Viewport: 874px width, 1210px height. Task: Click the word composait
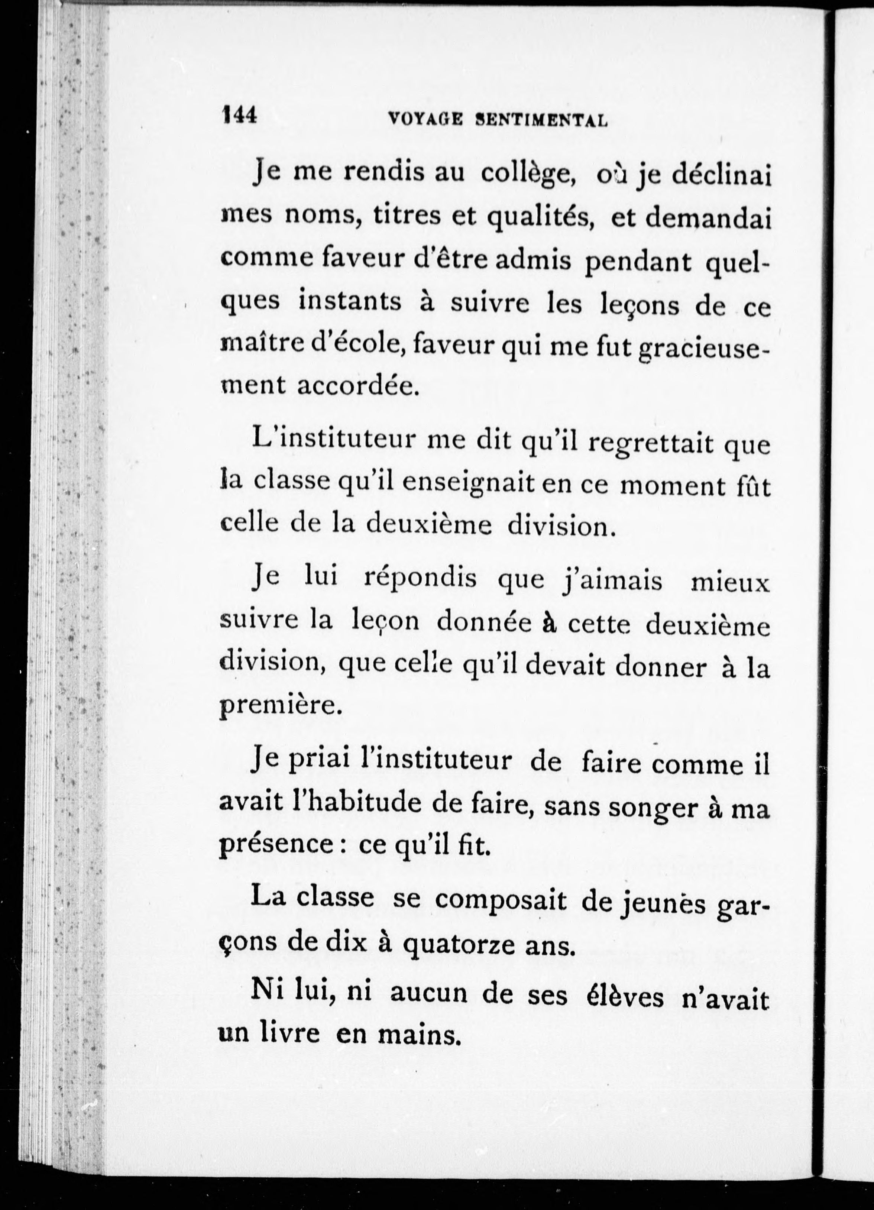coord(501,899)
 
